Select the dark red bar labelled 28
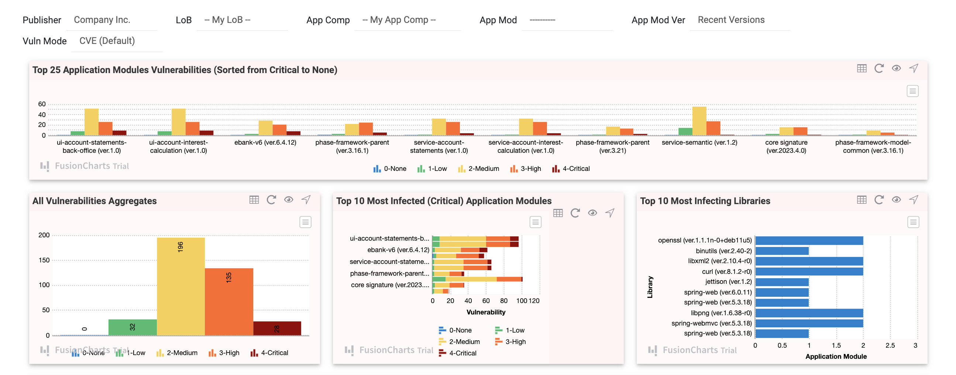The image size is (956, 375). pos(277,328)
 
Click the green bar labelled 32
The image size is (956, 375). pos(133,327)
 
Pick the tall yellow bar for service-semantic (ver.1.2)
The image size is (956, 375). pos(699,121)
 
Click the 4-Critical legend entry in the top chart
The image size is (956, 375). pos(571,169)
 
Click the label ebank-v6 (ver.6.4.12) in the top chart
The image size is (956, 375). pos(265,142)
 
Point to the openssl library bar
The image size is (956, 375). pos(809,240)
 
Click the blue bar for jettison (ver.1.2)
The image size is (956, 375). pos(782,282)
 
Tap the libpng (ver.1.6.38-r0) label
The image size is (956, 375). pos(721,313)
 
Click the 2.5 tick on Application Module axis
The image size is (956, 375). pos(890,345)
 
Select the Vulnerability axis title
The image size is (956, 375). pos(486,312)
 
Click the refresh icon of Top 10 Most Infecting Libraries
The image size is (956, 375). pos(879,200)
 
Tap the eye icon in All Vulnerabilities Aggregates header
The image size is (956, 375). pos(289,200)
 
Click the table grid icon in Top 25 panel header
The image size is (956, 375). pos(862,69)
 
